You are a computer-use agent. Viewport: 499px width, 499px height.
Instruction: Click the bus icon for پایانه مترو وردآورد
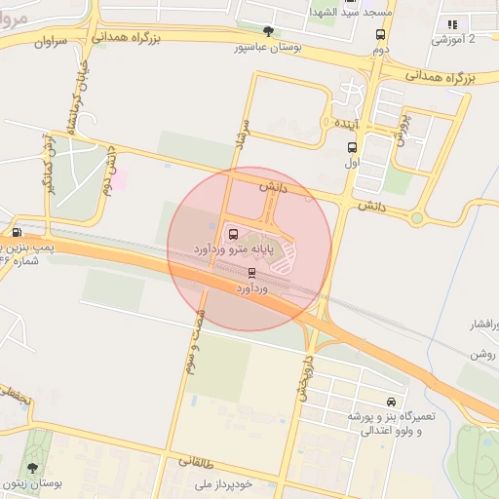[x=233, y=234]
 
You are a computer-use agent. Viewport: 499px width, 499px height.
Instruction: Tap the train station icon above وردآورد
[x=252, y=273]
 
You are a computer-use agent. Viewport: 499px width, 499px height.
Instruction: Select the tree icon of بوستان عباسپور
[x=269, y=31]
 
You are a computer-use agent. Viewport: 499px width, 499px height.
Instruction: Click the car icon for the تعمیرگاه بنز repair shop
[x=391, y=402]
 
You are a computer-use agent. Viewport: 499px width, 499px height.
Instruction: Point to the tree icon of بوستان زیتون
[x=33, y=468]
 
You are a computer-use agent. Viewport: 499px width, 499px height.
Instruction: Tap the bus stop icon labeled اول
[x=352, y=148]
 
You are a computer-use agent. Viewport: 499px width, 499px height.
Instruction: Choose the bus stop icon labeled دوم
[x=380, y=34]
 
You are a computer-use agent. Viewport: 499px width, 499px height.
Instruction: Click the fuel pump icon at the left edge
[x=17, y=232]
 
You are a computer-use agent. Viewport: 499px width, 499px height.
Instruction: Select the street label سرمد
[x=240, y=140]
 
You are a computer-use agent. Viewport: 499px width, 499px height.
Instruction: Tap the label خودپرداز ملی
[x=223, y=483]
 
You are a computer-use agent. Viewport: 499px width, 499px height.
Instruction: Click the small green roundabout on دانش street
[x=416, y=217]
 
